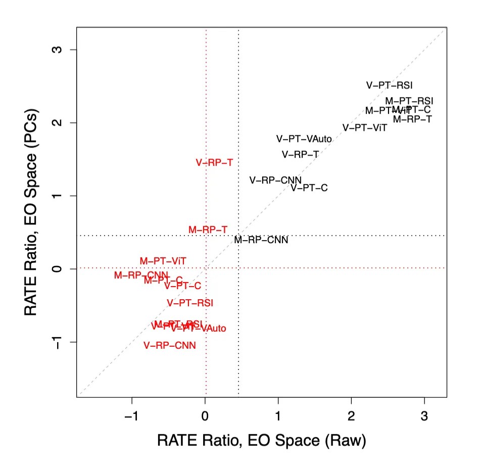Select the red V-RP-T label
pyautogui.click(x=214, y=163)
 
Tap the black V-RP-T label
pyautogui.click(x=300, y=154)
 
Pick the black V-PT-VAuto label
pyautogui.click(x=304, y=138)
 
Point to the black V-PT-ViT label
pyautogui.click(x=365, y=128)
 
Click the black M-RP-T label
pyautogui.click(x=412, y=119)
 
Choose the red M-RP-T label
pyautogui.click(x=208, y=229)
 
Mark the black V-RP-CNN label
pyautogui.click(x=275, y=180)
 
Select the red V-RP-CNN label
pyautogui.click(x=169, y=346)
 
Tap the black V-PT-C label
pyautogui.click(x=309, y=188)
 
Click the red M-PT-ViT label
pyautogui.click(x=163, y=261)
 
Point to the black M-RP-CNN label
pyautogui.click(x=261, y=240)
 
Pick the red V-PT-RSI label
pyautogui.click(x=190, y=303)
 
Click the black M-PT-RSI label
pyautogui.click(x=409, y=101)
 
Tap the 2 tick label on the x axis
pyautogui.click(x=351, y=416)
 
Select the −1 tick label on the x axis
pyautogui.click(x=131, y=416)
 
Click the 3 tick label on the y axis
pyautogui.click(x=59, y=50)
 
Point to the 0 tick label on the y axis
pyautogui.click(x=59, y=268)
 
